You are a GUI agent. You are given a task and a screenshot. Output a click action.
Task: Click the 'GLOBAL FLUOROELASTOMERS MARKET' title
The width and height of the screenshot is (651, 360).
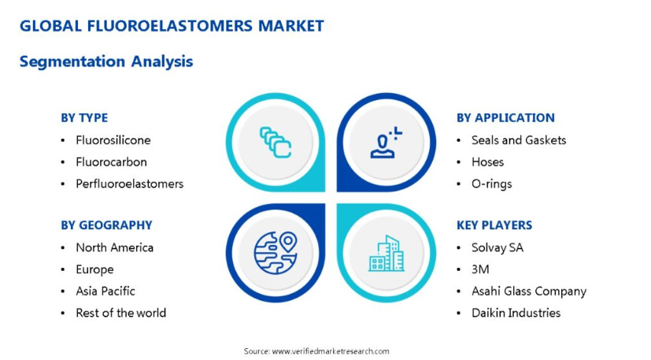[x=172, y=26]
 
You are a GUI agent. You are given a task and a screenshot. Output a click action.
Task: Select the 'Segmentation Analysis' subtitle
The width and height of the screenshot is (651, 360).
[x=106, y=61]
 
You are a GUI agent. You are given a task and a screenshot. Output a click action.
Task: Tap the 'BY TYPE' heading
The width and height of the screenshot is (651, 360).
[x=84, y=118]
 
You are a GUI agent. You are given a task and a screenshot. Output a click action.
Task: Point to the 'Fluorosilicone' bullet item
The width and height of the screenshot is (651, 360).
[x=113, y=140]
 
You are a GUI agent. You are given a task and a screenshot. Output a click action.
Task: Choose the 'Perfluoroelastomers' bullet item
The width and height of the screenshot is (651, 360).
[x=130, y=184]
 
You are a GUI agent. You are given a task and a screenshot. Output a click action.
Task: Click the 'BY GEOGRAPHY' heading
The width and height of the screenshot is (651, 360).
[x=106, y=225]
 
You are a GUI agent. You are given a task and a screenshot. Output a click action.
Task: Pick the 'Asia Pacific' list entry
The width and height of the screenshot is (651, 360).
[x=105, y=291]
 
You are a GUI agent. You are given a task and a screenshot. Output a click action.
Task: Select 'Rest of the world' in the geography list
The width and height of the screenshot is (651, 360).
[x=120, y=313]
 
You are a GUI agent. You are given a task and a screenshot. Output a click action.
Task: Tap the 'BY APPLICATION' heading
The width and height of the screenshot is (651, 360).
[x=505, y=118]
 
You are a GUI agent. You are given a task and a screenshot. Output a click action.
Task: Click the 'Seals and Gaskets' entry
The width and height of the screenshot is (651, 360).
[x=519, y=140]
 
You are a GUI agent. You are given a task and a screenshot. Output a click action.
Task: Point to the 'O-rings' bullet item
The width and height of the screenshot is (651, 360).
[x=491, y=184]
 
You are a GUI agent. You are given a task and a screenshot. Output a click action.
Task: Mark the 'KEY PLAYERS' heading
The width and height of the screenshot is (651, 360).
[x=494, y=225]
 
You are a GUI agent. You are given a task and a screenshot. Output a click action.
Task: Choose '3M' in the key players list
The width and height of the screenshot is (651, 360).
[x=480, y=269]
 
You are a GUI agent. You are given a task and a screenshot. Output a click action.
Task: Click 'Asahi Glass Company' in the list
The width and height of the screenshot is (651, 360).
[x=529, y=291]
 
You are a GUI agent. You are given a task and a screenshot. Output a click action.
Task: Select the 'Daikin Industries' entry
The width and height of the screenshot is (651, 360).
[x=516, y=313]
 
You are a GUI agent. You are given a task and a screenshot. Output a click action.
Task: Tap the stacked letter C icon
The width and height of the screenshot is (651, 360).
[x=276, y=143]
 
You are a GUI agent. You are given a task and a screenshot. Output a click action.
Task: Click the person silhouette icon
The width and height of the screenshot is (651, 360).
[x=386, y=143]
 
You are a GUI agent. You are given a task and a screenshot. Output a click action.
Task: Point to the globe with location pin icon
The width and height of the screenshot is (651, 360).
[x=276, y=253]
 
